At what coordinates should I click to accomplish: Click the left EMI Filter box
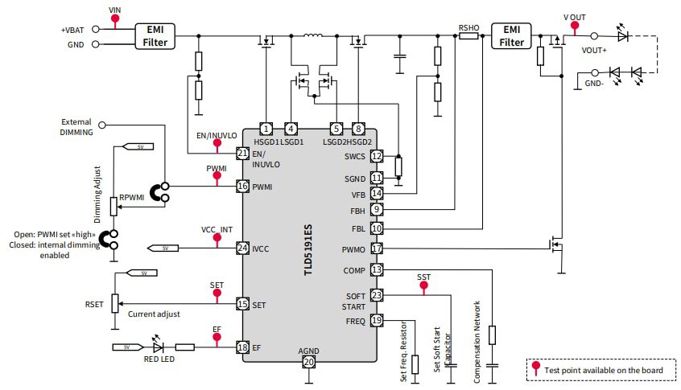point(155,35)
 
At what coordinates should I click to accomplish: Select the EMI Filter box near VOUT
point(511,35)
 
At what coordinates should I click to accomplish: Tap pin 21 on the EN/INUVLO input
point(242,153)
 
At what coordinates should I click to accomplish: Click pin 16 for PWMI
point(242,186)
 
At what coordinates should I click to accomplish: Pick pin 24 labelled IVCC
point(242,248)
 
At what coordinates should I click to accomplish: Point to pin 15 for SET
point(242,304)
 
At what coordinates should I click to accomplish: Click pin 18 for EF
point(242,347)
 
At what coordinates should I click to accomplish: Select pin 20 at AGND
point(308,363)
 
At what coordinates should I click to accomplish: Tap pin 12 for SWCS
point(376,156)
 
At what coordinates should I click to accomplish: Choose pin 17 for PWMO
point(376,248)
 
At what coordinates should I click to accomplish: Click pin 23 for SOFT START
point(376,295)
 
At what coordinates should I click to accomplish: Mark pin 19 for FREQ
point(376,320)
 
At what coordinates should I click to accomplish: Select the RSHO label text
point(468,27)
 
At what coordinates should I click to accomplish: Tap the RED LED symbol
point(157,347)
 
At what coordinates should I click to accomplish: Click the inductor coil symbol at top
point(312,36)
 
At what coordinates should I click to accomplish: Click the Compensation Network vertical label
point(477,341)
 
